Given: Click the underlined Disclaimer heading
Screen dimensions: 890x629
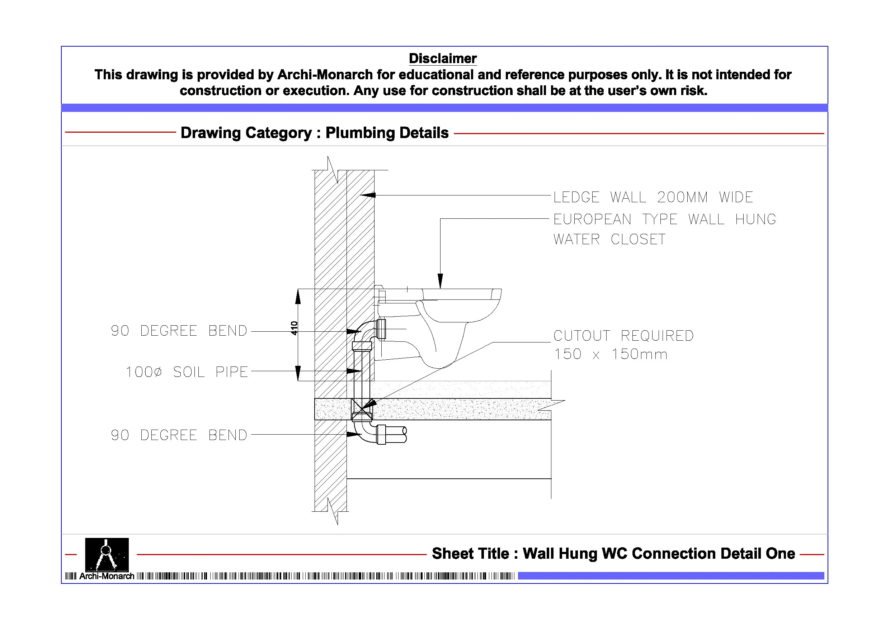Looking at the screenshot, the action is click(x=443, y=58).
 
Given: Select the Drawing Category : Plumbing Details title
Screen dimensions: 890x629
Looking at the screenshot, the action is click(x=314, y=133).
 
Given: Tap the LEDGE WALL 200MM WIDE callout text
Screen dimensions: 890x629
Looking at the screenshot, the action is click(x=653, y=197).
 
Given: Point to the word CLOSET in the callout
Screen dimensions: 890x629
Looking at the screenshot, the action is click(x=638, y=239).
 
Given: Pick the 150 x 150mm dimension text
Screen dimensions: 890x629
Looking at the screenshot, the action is click(x=611, y=354).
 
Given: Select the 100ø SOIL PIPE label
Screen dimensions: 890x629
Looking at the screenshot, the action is click(x=187, y=372).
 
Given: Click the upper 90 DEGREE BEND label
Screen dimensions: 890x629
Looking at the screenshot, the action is click(x=179, y=331).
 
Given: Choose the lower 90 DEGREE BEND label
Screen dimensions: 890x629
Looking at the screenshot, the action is click(x=179, y=435).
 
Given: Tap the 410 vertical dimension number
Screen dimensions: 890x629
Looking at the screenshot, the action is click(x=294, y=328).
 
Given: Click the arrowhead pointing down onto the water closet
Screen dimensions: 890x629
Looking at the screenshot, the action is click(x=441, y=281).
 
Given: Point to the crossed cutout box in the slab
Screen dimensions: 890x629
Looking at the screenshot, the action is click(x=362, y=409).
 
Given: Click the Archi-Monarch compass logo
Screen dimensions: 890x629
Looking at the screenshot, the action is click(x=107, y=554).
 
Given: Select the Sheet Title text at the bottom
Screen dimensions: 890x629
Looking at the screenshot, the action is click(x=613, y=553).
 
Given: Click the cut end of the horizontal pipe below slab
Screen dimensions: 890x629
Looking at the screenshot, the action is click(x=404, y=434).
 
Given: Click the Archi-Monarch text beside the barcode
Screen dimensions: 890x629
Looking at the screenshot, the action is click(x=107, y=576).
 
